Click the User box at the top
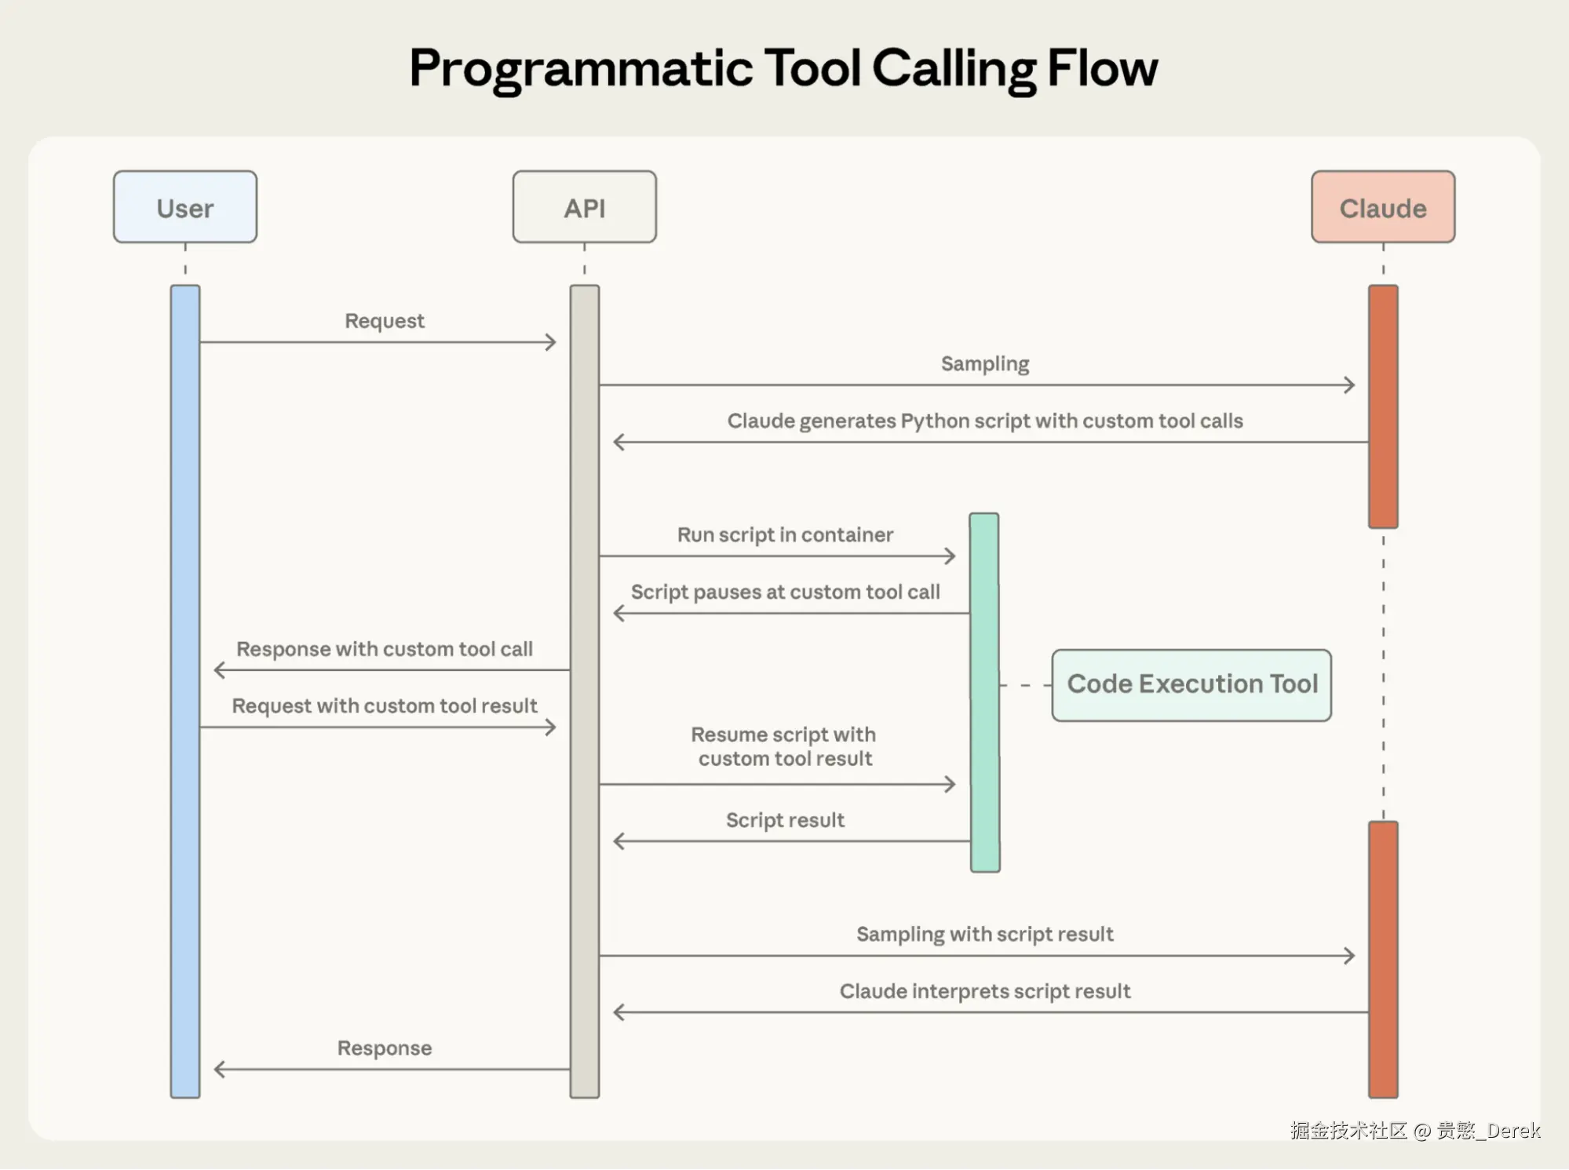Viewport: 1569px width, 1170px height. [x=185, y=207]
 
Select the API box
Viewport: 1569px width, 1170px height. [x=584, y=207]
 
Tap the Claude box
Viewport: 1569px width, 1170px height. [x=1382, y=207]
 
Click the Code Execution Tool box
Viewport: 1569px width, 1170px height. [x=1191, y=684]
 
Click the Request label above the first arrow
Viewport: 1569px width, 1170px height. [x=385, y=321]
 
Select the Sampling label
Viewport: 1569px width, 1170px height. [x=984, y=364]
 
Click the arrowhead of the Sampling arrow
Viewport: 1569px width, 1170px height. [x=1349, y=385]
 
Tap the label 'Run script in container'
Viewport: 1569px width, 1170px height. [x=785, y=535]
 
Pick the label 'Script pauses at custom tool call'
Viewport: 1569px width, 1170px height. [x=785, y=592]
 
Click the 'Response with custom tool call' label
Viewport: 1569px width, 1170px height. [x=385, y=649]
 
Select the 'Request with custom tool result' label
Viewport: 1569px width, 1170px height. [x=385, y=706]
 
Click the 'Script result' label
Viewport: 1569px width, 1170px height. [x=785, y=821]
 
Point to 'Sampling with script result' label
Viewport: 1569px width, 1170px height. [x=984, y=935]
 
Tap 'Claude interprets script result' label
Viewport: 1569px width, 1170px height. [x=984, y=992]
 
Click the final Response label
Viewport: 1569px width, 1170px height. [x=385, y=1048]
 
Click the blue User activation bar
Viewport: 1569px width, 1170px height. [x=185, y=691]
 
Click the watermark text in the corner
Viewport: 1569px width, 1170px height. [x=1414, y=1131]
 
